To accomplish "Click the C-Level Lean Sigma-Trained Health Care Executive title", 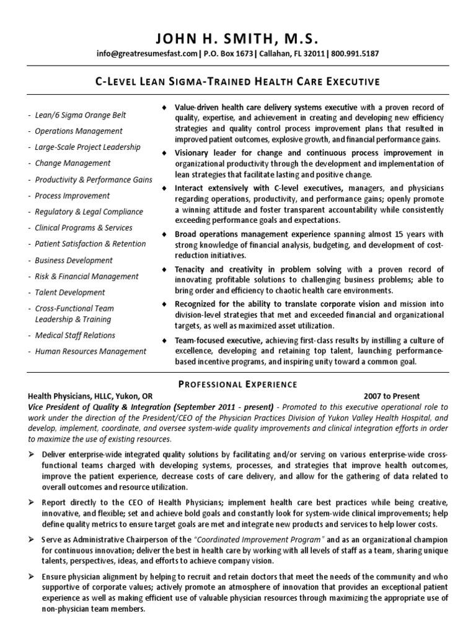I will click(237, 82).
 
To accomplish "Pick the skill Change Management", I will click(73, 163).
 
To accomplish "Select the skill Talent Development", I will click(70, 292).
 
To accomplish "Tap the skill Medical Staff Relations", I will click(75, 336).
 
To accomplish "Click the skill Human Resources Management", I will click(90, 352).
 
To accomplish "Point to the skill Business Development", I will click(74, 261).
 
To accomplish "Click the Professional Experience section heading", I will click(237, 384).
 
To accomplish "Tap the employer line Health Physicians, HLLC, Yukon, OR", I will click(90, 396).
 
